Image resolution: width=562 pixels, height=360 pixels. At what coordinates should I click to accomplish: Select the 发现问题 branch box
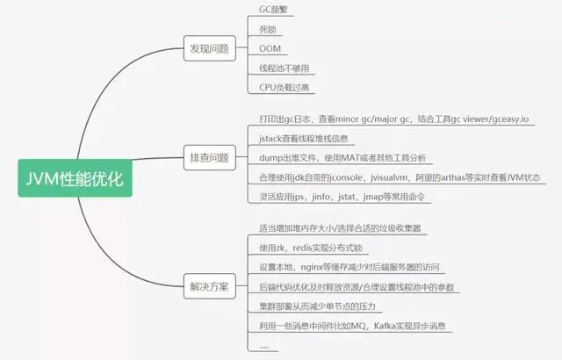(209, 48)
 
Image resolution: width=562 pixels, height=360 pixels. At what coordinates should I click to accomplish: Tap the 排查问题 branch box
(209, 158)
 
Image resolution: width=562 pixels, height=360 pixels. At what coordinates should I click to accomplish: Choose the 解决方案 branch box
(209, 287)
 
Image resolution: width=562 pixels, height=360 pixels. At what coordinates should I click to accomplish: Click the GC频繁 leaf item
(272, 10)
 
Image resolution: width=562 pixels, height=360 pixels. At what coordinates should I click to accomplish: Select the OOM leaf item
(270, 48)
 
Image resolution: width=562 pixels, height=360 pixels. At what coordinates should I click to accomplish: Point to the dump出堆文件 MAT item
(342, 158)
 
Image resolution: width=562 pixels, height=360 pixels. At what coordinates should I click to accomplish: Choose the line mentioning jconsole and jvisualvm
(399, 177)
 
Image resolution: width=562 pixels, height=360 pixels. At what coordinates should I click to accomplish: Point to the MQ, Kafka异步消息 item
(353, 327)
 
